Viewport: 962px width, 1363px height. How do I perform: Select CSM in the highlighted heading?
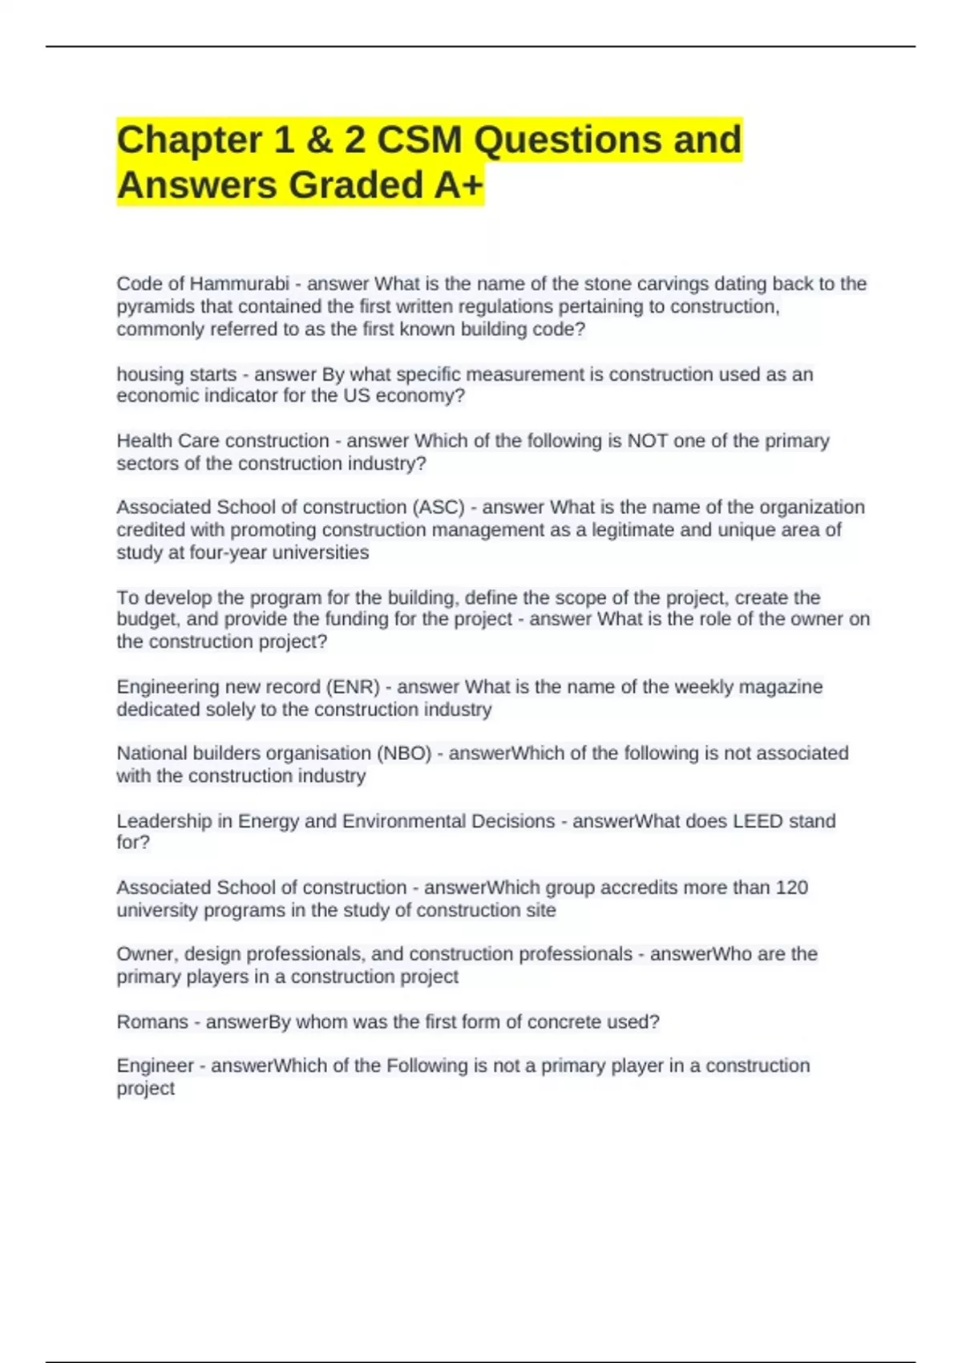(x=419, y=140)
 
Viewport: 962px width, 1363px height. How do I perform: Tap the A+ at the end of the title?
(x=459, y=185)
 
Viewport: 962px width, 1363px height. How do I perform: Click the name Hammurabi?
(x=239, y=285)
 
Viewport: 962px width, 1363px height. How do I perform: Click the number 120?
(x=791, y=888)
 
